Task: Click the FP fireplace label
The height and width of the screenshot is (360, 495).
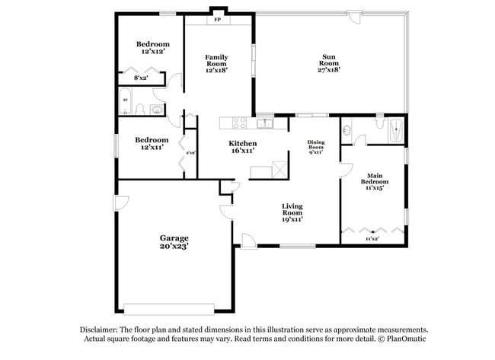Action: (218, 21)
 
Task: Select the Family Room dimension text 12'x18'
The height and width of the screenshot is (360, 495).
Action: (216, 70)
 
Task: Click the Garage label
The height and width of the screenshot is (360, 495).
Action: (174, 237)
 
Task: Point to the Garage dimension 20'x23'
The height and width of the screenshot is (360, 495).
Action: (174, 247)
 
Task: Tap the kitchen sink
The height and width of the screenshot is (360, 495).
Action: (265, 123)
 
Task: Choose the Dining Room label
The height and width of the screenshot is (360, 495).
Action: (316, 145)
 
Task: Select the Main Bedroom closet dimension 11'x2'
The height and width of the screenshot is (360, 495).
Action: (372, 239)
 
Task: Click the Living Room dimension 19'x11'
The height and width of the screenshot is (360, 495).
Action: (292, 219)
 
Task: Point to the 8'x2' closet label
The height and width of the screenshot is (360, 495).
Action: (141, 78)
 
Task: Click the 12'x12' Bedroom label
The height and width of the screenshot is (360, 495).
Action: (152, 53)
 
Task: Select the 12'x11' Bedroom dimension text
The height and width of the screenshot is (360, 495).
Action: (152, 148)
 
